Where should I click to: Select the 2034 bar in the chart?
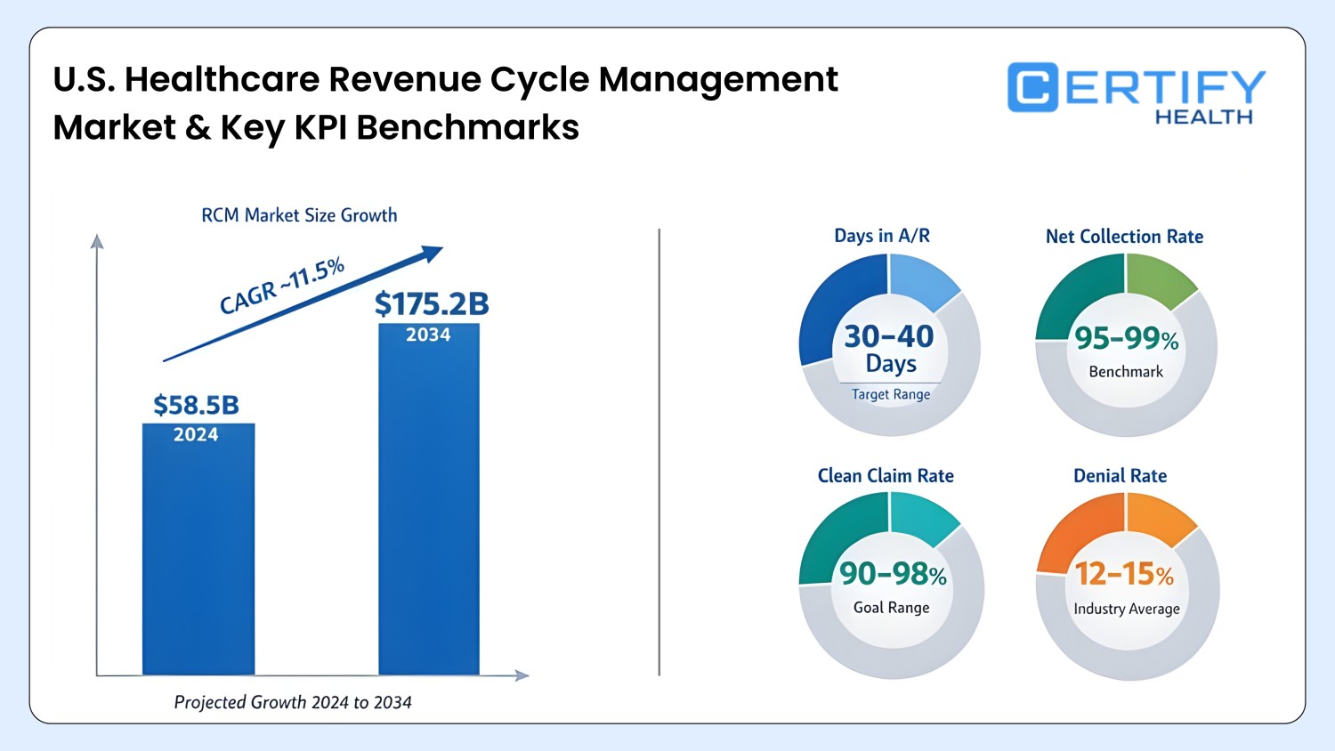(428, 516)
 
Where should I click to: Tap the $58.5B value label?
(196, 405)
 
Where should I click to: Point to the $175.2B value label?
(432, 303)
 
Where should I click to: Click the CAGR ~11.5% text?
(281, 286)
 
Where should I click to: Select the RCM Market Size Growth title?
(299, 215)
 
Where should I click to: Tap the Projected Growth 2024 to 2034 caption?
(292, 702)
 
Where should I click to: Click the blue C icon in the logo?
(1032, 87)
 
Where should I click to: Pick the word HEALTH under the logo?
(1203, 117)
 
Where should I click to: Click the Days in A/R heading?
(881, 236)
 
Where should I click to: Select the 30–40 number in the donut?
(888, 336)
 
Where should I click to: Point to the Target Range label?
(890, 394)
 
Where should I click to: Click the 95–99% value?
(1126, 338)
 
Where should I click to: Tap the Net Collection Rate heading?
(1124, 237)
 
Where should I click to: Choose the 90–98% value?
(893, 574)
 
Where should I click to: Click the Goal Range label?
(891, 608)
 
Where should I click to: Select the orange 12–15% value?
(1124, 574)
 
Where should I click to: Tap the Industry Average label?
(1126, 609)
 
